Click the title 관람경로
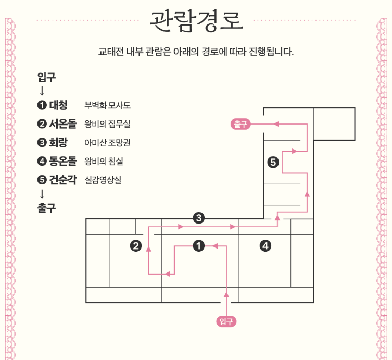(196, 21)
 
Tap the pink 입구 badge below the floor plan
(226, 321)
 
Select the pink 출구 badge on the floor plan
(241, 124)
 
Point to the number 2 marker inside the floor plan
(136, 246)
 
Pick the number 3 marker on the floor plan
(198, 218)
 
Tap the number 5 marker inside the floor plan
(272, 162)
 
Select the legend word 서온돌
(62, 124)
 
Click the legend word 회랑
(58, 143)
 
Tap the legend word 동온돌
(62, 162)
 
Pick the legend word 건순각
(62, 180)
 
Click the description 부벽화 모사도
(107, 106)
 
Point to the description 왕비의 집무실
(107, 125)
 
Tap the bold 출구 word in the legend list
(46, 207)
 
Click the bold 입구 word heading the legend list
(46, 78)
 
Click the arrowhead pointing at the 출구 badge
(277, 124)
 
